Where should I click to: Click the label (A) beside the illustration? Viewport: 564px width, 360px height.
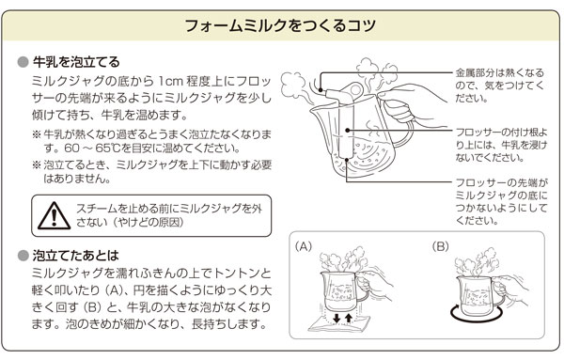[x=302, y=246]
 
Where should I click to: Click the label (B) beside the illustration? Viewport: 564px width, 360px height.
[x=442, y=246]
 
